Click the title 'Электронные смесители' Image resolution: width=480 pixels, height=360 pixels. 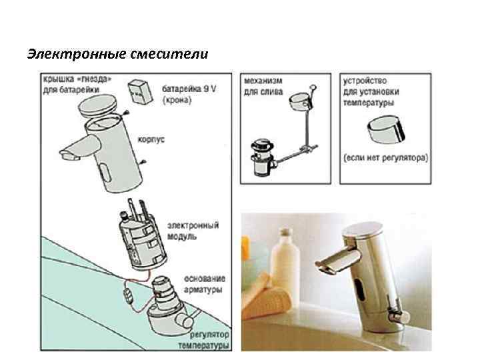click(118, 54)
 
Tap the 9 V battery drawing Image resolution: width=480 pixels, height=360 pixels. click(140, 92)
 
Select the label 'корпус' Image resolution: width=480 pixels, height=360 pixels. click(151, 139)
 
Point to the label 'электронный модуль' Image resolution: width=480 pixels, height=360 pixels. click(193, 231)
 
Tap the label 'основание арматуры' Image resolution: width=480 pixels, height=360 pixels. click(205, 284)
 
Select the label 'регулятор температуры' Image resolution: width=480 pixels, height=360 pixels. click(204, 340)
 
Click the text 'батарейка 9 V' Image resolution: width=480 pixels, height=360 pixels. click(189, 89)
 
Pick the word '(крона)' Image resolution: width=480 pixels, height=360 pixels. click(177, 100)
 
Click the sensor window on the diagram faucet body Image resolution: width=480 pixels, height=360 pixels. click(106, 172)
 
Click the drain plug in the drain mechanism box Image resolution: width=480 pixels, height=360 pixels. click(262, 158)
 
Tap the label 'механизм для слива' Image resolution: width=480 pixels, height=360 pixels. click(263, 86)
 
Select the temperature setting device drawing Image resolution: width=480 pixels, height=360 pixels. click(386, 129)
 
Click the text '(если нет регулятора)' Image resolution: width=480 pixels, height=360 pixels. click(386, 157)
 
